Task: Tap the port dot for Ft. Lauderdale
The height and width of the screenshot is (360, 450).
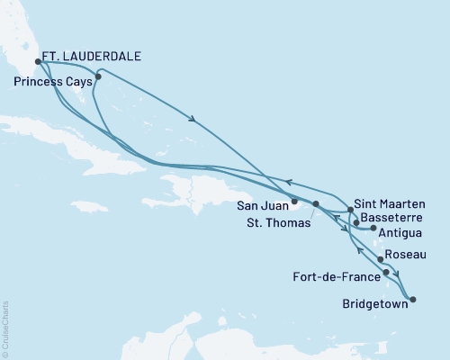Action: [x=39, y=62]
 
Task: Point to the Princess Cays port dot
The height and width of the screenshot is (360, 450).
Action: [x=98, y=76]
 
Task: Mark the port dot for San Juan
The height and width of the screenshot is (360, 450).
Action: [x=294, y=201]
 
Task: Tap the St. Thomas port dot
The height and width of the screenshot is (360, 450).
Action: [x=316, y=204]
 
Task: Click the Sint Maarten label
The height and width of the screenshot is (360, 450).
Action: [x=387, y=203]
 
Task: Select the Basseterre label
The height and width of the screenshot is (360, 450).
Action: [x=388, y=217]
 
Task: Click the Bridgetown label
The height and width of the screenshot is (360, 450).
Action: [x=373, y=304]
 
